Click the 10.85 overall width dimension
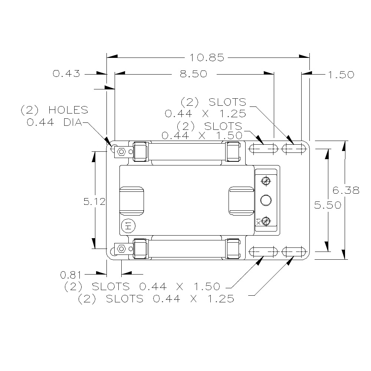coord(207,58)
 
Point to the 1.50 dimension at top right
coord(341,75)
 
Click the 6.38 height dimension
coord(346,190)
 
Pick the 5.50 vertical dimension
coord(328,205)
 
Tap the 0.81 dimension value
coord(70,275)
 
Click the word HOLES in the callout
coord(68,110)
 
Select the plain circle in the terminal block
coord(266,200)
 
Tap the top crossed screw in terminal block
coord(266,181)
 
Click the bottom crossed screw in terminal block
coord(265,221)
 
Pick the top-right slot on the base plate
coord(294,148)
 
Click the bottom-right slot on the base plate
coord(294,252)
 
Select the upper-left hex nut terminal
coord(121,151)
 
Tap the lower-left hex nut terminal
coord(121,248)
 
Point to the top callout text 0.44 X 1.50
coord(202,135)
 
